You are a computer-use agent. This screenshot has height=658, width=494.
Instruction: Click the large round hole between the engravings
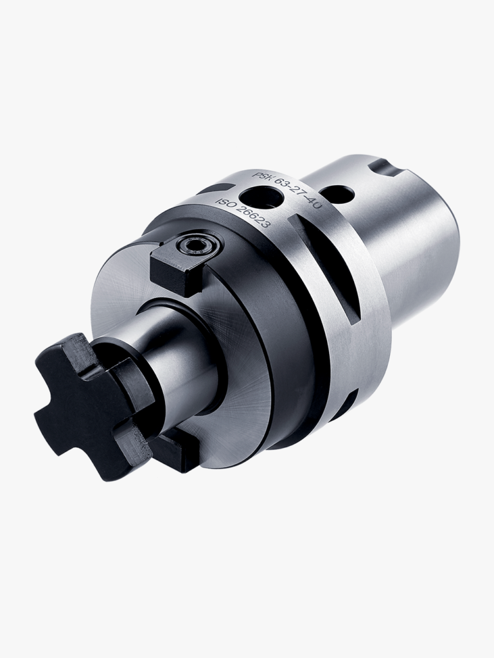coord(257,195)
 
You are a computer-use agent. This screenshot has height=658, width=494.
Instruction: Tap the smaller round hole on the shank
coord(339,193)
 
